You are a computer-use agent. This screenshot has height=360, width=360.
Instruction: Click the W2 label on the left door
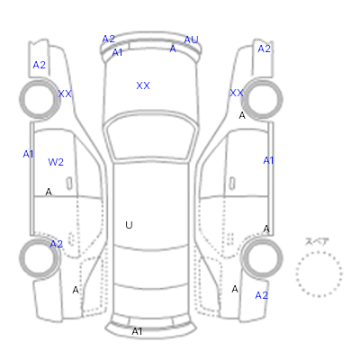coord(56,162)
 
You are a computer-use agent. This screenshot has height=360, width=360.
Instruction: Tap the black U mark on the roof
coord(129,225)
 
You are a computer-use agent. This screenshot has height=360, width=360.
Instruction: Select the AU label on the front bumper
coord(192,40)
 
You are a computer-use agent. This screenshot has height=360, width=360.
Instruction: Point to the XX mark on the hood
coord(143,85)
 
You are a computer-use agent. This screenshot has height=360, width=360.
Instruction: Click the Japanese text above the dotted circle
coord(317,242)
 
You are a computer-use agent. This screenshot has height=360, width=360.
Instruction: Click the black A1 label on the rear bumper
coord(137,331)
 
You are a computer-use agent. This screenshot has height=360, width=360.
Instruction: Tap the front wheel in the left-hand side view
coord(40,99)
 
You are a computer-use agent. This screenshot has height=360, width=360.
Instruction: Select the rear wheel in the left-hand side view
coord(40,258)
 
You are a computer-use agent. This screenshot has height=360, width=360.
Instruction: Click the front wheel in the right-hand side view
coord(262,99)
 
